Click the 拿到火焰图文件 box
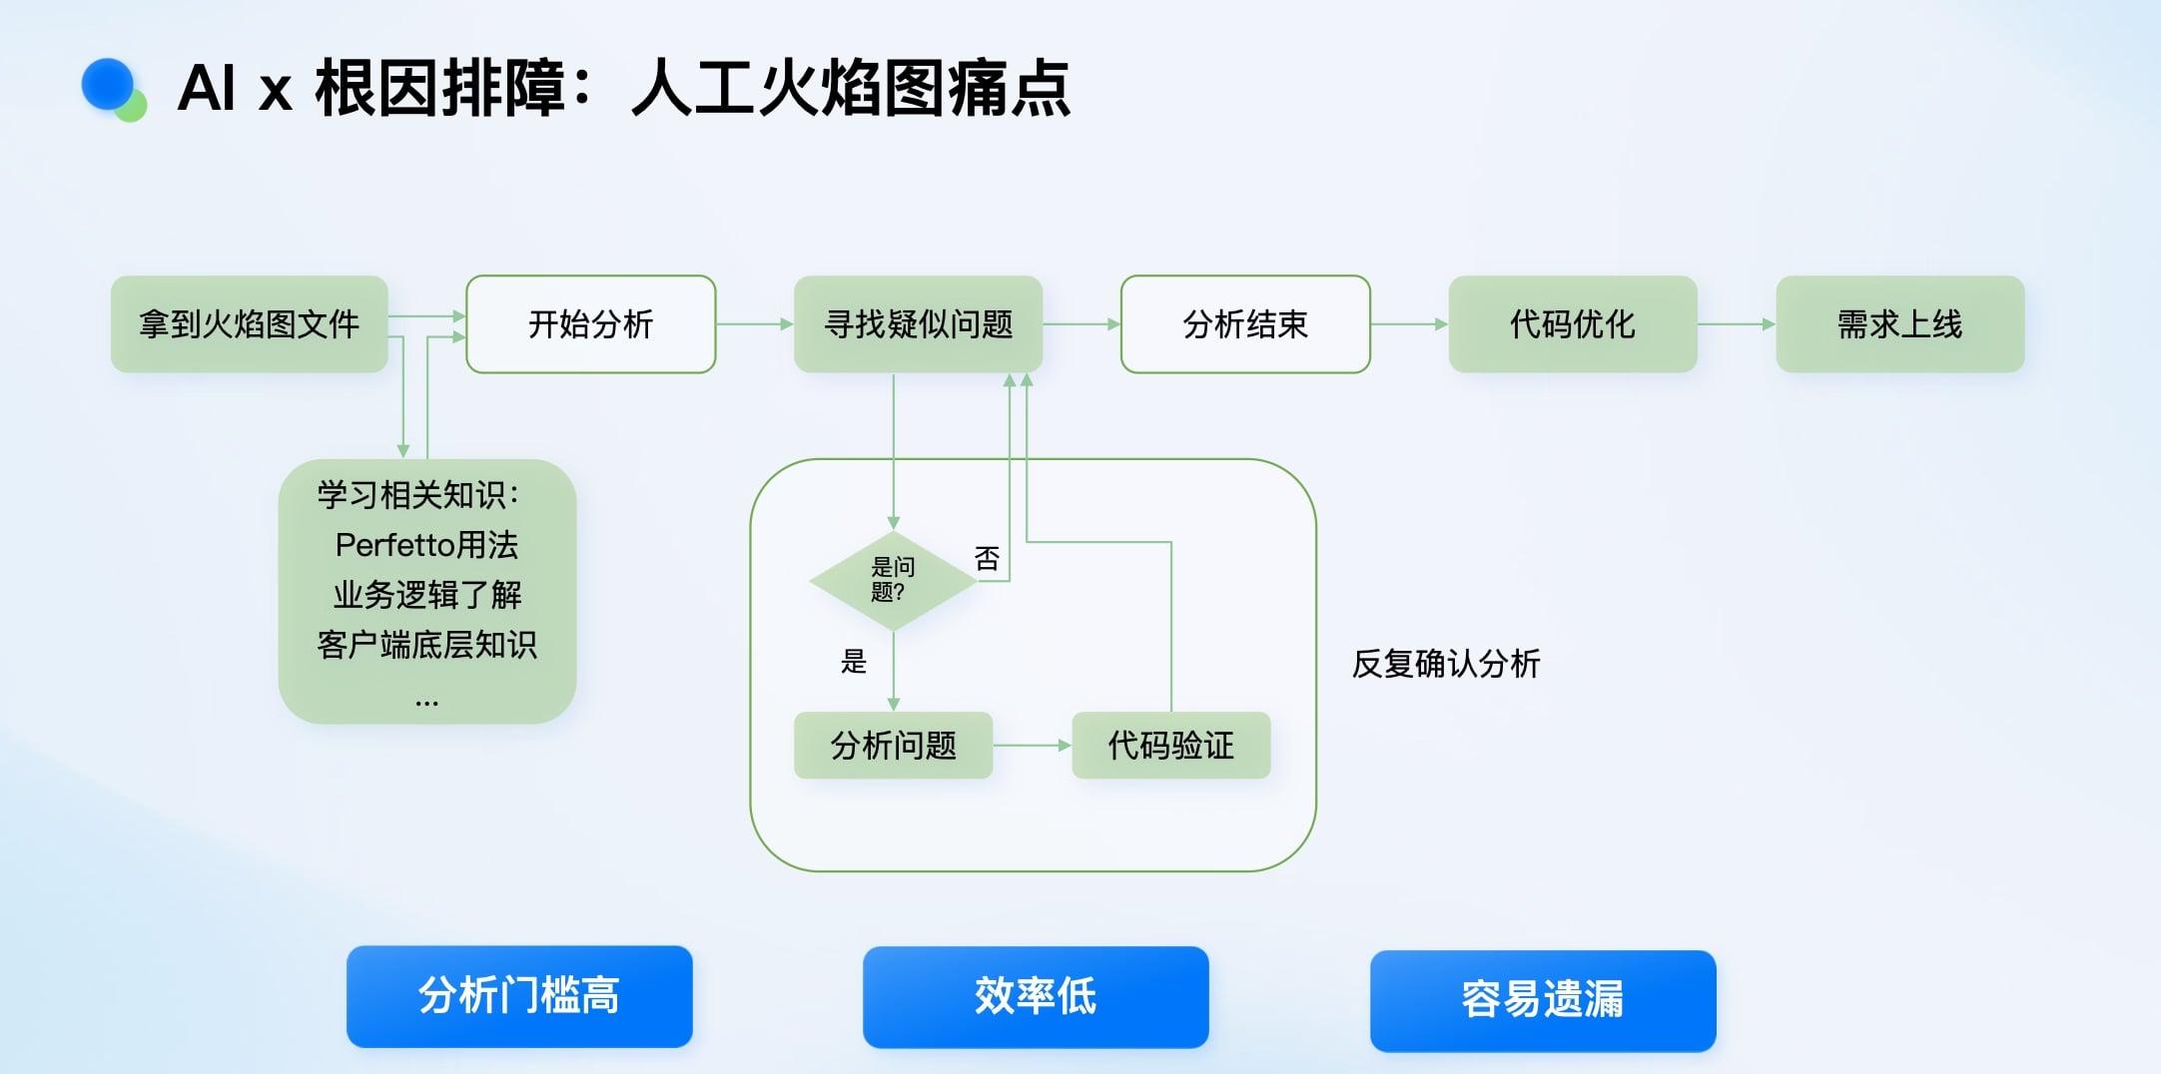pyautogui.click(x=249, y=324)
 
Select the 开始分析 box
pyautogui.click(x=590, y=324)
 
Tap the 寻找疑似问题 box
pyautogui.click(x=918, y=324)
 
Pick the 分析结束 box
pyautogui.click(x=1244, y=324)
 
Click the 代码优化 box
pyautogui.click(x=1572, y=324)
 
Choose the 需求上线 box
pyautogui.click(x=1899, y=324)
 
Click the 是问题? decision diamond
pyautogui.click(x=893, y=580)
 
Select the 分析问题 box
pyautogui.click(x=893, y=746)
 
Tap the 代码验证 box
pyautogui.click(x=1170, y=746)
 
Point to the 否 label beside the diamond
pyautogui.click(x=987, y=558)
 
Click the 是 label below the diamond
pyautogui.click(x=854, y=661)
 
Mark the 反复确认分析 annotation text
pyautogui.click(x=1445, y=664)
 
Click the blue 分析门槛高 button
pyautogui.click(x=519, y=996)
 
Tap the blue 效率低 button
pyautogui.click(x=1036, y=996)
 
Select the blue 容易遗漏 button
pyautogui.click(x=1542, y=1000)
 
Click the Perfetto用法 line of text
pyautogui.click(x=426, y=545)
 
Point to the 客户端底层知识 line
pyautogui.click(x=426, y=645)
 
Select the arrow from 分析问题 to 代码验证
pyautogui.click(x=1032, y=746)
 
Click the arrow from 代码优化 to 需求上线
pyautogui.click(x=1736, y=324)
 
